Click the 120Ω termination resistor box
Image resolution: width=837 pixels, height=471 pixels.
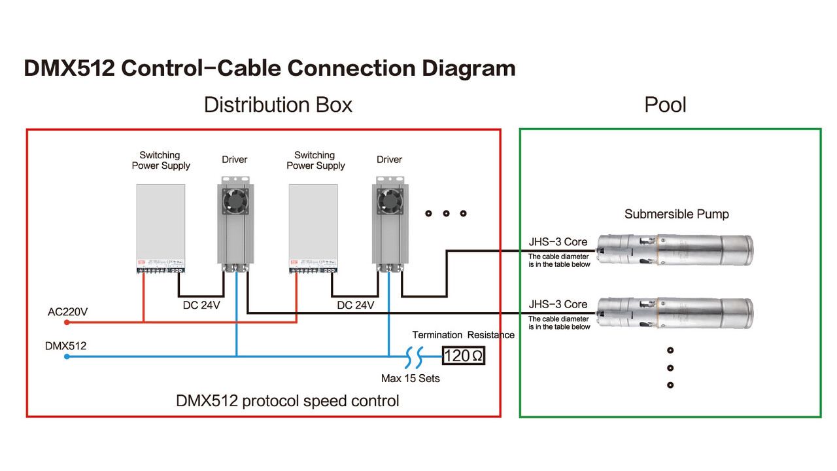(464, 356)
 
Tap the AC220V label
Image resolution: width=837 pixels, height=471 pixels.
(67, 312)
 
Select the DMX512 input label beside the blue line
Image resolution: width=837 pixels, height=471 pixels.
(65, 345)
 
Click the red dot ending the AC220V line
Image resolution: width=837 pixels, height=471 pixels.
(67, 322)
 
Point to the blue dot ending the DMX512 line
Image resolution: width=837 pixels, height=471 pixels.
(67, 357)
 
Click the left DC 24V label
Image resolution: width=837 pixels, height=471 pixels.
(200, 305)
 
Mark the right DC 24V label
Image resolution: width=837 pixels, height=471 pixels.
(356, 305)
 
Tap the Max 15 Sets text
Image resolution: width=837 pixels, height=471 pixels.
(411, 378)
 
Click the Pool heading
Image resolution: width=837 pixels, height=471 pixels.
(665, 105)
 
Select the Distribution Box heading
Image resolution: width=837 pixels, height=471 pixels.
(278, 105)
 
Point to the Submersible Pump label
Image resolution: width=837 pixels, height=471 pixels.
(676, 214)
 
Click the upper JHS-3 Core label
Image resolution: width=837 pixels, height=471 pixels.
(558, 242)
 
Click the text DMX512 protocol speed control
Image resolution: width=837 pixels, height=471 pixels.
(288, 400)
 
